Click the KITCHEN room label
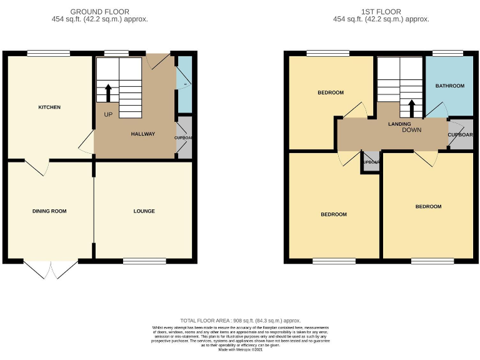(49, 107)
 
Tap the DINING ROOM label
(49, 211)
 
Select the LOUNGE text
(144, 211)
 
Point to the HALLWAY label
(142, 134)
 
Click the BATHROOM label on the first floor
(450, 86)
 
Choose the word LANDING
(399, 124)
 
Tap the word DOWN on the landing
(412, 130)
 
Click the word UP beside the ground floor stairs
(108, 114)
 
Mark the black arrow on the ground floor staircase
(108, 92)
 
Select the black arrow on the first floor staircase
(412, 108)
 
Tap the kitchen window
(39, 52)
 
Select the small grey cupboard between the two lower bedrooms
(371, 161)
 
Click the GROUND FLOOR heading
(100, 12)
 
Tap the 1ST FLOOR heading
(381, 12)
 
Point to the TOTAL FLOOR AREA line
(241, 319)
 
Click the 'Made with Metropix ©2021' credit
(241, 349)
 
